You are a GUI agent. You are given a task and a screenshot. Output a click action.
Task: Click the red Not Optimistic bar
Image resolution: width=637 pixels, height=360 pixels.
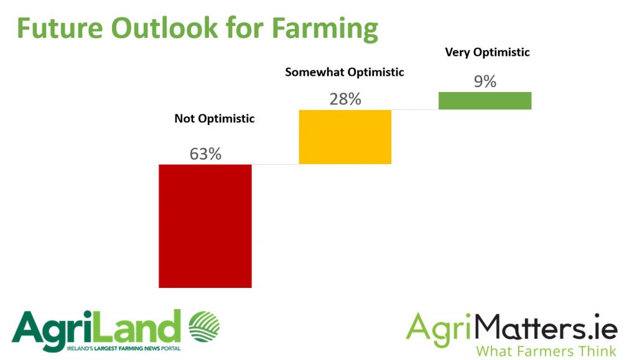click(205, 226)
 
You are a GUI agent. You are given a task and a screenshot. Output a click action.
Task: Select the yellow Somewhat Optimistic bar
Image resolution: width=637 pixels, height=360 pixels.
click(345, 137)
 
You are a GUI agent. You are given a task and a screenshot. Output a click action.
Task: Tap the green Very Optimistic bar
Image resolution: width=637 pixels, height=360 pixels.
click(485, 101)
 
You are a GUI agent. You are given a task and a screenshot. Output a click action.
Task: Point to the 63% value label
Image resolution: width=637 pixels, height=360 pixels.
click(205, 154)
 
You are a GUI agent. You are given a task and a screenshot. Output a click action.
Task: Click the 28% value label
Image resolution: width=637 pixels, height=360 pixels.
click(345, 99)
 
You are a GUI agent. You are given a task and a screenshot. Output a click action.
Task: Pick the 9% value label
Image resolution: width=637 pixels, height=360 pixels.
click(485, 81)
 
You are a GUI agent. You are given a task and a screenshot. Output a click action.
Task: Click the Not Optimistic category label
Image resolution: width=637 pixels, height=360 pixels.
click(215, 119)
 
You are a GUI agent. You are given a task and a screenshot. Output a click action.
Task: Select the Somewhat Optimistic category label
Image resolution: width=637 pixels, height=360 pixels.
click(345, 72)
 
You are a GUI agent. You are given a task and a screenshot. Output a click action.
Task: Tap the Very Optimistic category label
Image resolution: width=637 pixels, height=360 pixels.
click(488, 52)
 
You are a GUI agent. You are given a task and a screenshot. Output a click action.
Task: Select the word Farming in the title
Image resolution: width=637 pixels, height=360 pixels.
click(325, 29)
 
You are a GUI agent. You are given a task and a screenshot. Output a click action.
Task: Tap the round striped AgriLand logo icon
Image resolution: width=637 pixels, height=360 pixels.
click(204, 326)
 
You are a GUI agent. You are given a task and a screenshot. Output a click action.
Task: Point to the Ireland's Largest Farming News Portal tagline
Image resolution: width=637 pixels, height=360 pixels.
click(124, 348)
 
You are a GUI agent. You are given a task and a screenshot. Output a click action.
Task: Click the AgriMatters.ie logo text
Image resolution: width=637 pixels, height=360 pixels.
click(511, 329)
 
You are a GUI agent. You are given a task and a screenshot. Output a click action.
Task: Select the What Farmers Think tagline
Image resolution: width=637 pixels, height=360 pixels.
click(546, 351)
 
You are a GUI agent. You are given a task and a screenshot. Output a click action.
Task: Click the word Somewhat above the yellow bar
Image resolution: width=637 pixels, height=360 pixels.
click(315, 72)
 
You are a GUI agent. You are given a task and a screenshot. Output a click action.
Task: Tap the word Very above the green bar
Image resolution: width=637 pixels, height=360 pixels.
click(458, 52)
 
